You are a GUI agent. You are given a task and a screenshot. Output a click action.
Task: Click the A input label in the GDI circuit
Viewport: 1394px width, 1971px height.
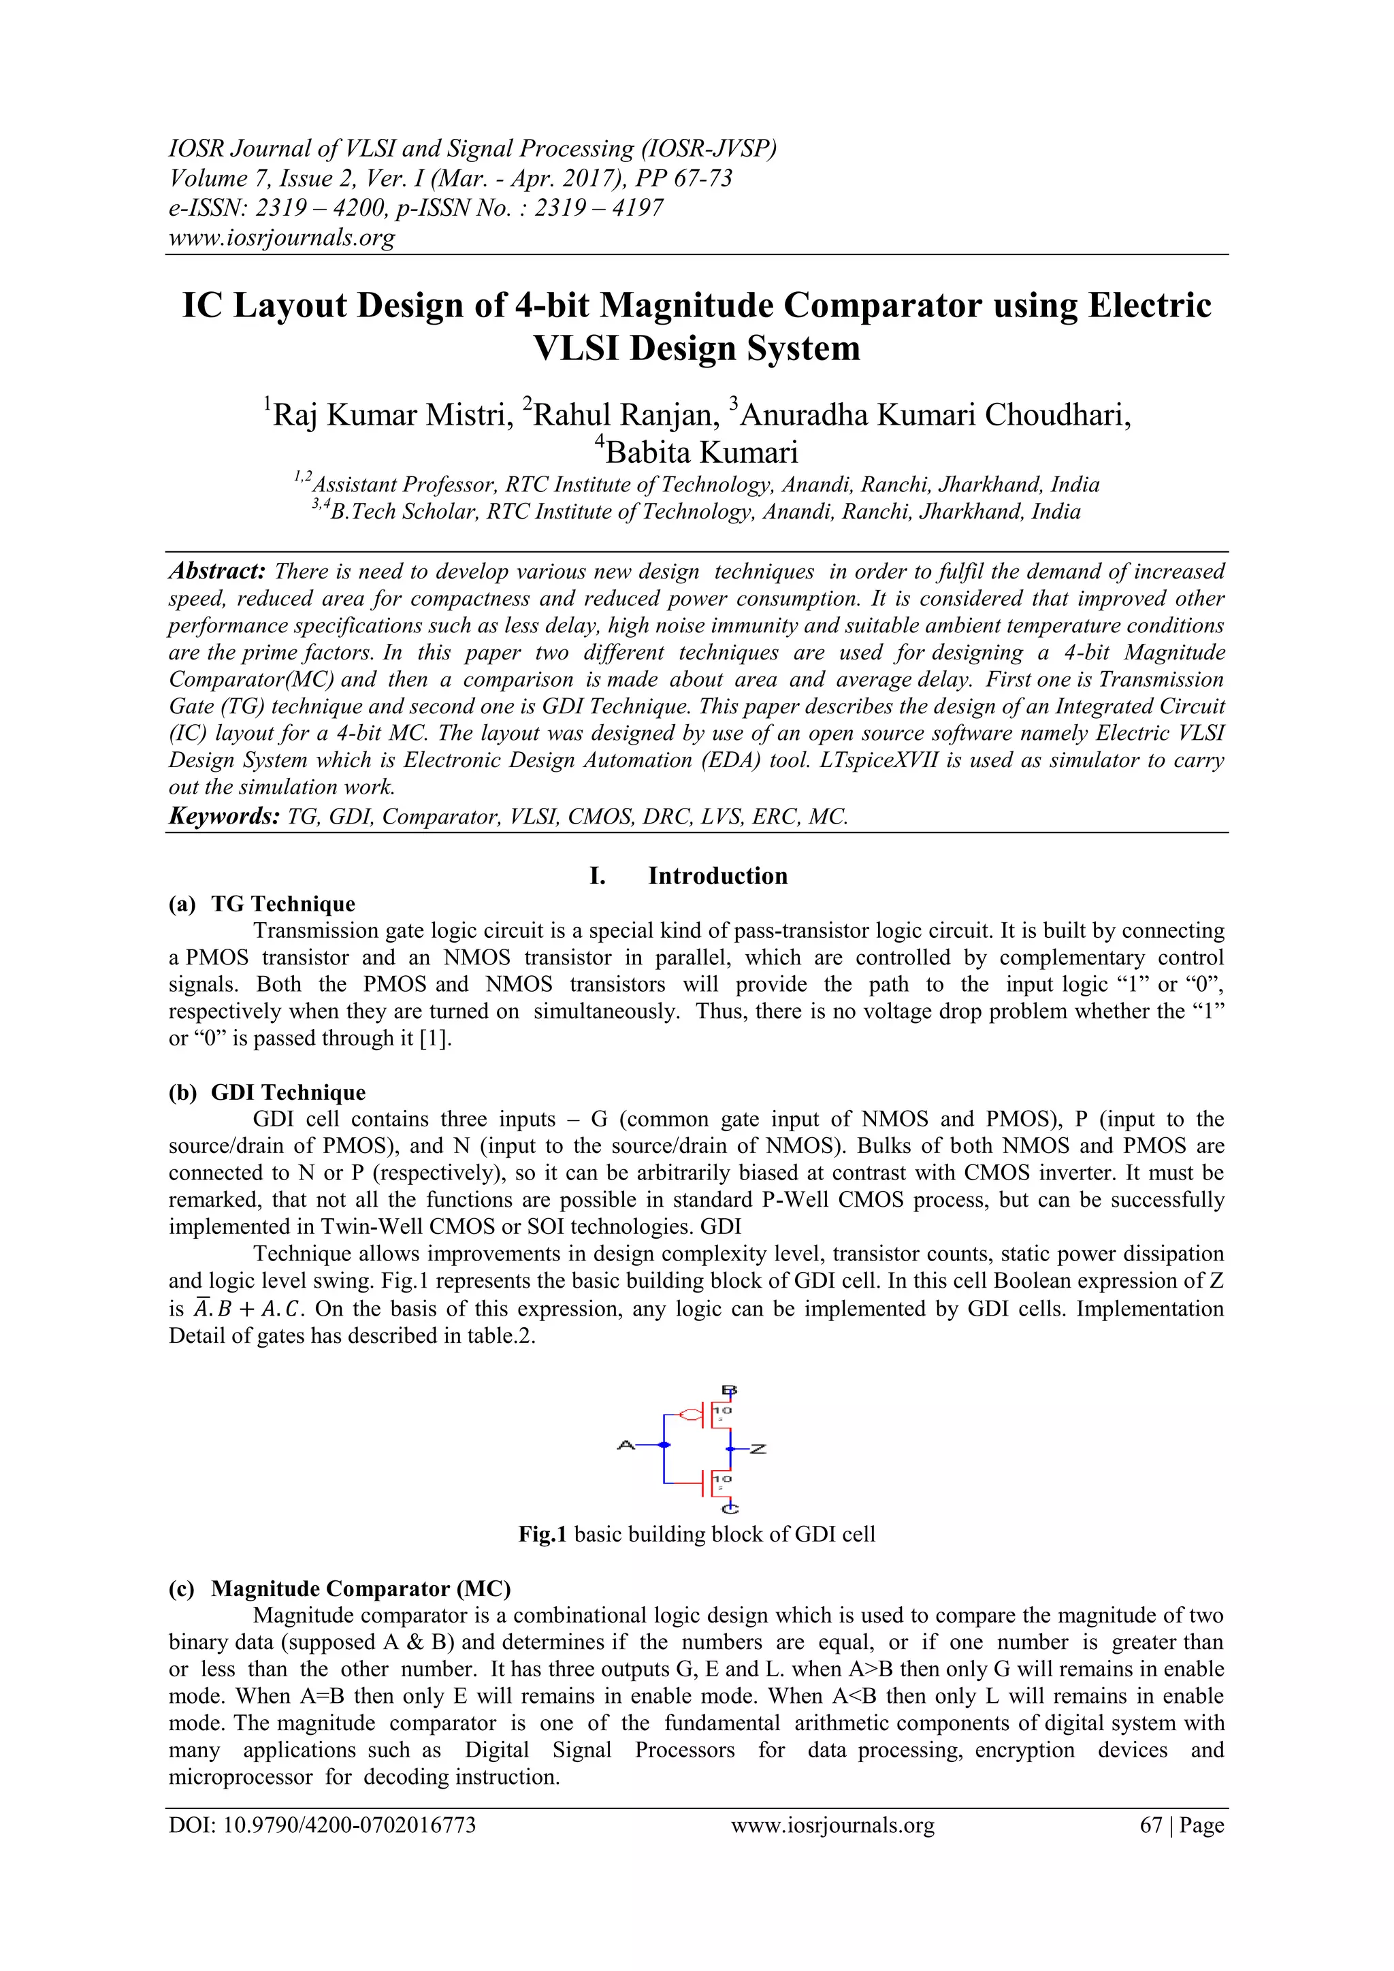[x=625, y=1446]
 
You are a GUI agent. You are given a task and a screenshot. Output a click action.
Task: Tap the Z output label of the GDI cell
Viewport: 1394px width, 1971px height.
[x=758, y=1449]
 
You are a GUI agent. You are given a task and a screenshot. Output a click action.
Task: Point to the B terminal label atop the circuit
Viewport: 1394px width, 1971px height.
[x=730, y=1390]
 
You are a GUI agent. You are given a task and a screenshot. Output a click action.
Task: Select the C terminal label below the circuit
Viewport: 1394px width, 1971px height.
[x=730, y=1508]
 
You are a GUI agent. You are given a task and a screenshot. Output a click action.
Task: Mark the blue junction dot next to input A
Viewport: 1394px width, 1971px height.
[x=664, y=1446]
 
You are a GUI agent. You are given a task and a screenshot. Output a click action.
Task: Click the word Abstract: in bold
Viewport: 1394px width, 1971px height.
[x=218, y=572]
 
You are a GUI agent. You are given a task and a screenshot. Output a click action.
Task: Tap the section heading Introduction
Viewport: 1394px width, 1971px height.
[x=717, y=876]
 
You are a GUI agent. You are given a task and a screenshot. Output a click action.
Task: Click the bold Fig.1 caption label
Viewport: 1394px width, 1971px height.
[x=542, y=1534]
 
